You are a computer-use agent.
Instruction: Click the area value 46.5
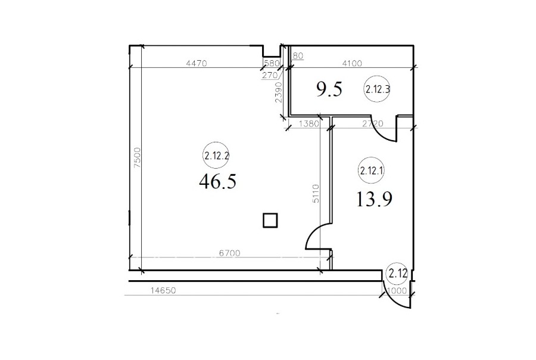pyautogui.click(x=217, y=181)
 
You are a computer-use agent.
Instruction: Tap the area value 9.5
pyautogui.click(x=329, y=89)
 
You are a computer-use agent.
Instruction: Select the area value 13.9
pyautogui.click(x=374, y=199)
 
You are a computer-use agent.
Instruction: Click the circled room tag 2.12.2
pyautogui.click(x=216, y=156)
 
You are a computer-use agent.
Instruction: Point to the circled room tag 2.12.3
pyautogui.click(x=377, y=89)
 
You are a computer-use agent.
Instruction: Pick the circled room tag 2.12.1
pyautogui.click(x=371, y=170)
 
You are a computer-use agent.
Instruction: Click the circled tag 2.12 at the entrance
pyautogui.click(x=398, y=274)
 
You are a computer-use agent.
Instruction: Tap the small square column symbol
pyautogui.click(x=270, y=221)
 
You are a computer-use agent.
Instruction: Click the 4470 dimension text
pyautogui.click(x=197, y=63)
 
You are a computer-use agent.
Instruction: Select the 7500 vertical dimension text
pyautogui.click(x=137, y=158)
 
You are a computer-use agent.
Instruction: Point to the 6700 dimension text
pyautogui.click(x=230, y=253)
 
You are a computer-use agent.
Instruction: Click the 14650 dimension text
pyautogui.click(x=163, y=290)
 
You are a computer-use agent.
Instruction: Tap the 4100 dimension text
pyautogui.click(x=352, y=63)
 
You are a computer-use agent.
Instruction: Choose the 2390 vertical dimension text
pyautogui.click(x=279, y=92)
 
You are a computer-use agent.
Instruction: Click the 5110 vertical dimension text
pyautogui.click(x=316, y=194)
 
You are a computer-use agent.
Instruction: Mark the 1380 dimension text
pyautogui.click(x=309, y=123)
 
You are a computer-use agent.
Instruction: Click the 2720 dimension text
pyautogui.click(x=373, y=123)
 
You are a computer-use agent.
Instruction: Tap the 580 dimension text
pyautogui.click(x=272, y=63)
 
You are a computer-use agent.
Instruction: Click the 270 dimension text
pyautogui.click(x=270, y=75)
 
